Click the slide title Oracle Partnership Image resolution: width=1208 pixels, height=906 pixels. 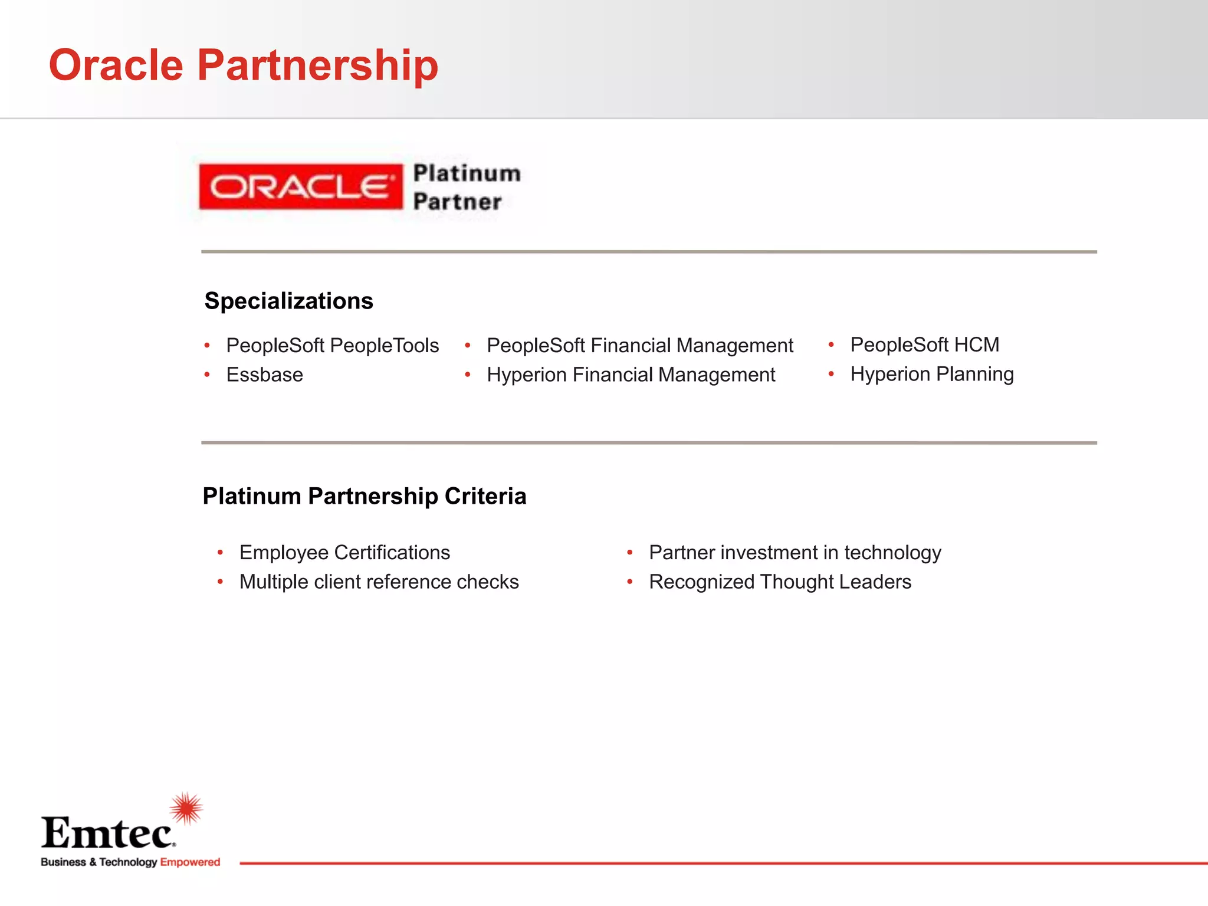[243, 65]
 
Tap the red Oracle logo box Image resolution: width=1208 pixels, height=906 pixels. [300, 187]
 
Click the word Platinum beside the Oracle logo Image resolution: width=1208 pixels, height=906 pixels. [467, 173]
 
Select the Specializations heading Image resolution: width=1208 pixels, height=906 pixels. [288, 301]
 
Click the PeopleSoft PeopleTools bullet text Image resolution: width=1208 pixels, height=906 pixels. [332, 346]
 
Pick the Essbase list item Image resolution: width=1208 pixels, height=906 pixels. [264, 375]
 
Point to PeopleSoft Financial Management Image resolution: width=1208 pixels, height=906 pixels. [639, 346]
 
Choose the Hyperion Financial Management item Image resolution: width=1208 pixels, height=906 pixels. [631, 375]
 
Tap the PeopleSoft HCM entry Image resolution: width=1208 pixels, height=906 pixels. [924, 345]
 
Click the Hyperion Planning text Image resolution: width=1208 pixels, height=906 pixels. [931, 375]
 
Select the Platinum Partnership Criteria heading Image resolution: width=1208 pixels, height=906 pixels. [364, 496]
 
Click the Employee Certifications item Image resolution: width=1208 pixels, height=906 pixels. [344, 553]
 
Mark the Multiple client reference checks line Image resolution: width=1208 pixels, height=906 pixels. [379, 582]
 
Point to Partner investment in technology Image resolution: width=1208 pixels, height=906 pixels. [795, 553]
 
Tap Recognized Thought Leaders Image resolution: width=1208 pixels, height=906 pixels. [780, 582]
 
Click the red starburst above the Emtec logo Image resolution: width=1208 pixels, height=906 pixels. [186, 808]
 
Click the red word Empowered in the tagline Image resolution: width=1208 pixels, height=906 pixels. [190, 862]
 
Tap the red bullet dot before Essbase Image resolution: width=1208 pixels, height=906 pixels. [207, 375]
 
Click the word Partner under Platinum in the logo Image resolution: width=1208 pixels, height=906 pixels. [457, 202]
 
